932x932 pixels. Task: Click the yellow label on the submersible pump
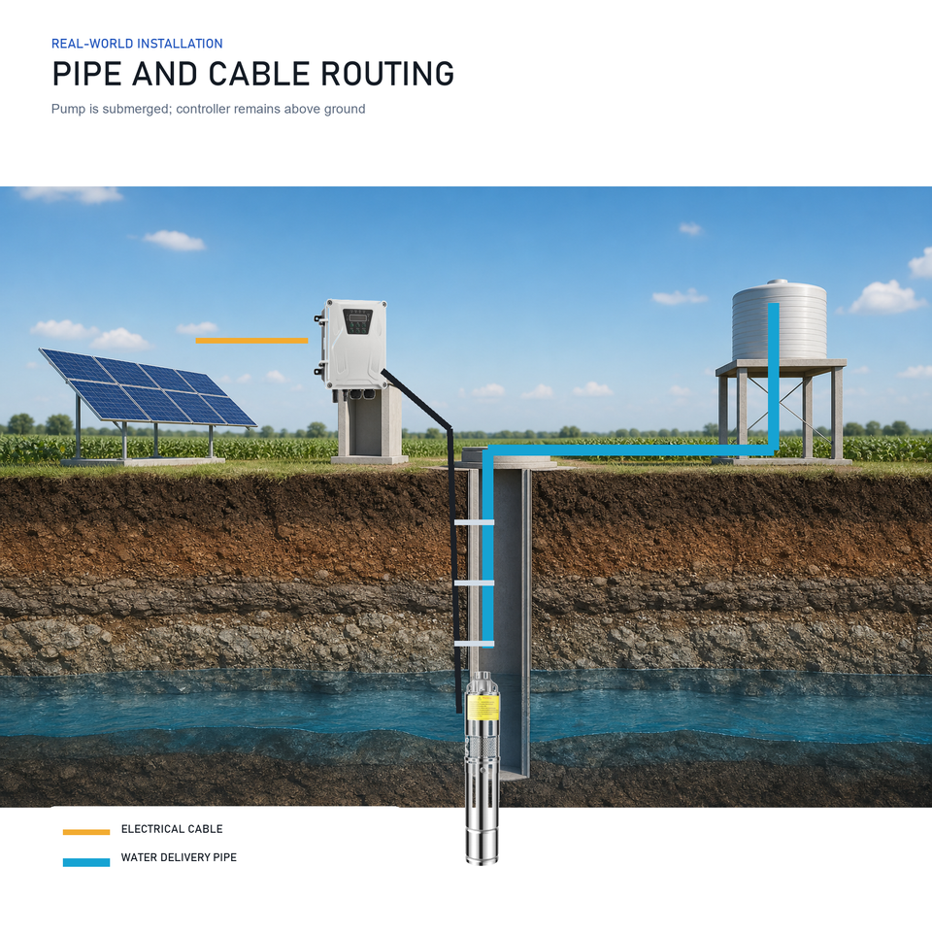(483, 708)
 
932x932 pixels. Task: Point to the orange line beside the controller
(251, 341)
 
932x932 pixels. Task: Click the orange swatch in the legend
(86, 832)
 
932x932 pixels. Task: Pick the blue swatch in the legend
(86, 862)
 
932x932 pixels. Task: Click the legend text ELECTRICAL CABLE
(172, 829)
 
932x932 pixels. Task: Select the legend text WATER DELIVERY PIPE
(179, 857)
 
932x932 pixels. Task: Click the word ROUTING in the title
(387, 75)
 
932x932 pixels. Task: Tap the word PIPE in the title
(87, 75)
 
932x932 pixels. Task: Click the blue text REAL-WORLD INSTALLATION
(137, 44)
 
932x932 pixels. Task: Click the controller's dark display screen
(357, 318)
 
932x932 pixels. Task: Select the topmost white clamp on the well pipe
(474, 522)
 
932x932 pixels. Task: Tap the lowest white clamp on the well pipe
(474, 644)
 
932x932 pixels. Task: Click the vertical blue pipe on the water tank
(774, 378)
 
